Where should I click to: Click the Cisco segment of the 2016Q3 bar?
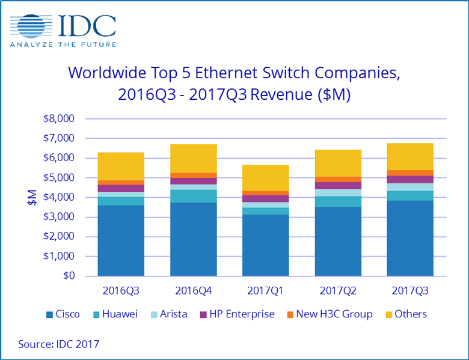click(121, 240)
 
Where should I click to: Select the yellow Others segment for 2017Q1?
click(265, 178)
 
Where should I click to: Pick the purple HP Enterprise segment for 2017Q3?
click(410, 179)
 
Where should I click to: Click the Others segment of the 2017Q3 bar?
click(410, 156)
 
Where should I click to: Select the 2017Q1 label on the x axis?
click(265, 291)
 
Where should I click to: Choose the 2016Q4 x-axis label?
click(193, 291)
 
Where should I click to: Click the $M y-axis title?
click(31, 197)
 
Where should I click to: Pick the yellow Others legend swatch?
click(388, 314)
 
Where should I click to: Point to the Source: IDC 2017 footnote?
click(58, 344)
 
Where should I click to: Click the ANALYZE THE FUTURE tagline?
click(62, 43)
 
